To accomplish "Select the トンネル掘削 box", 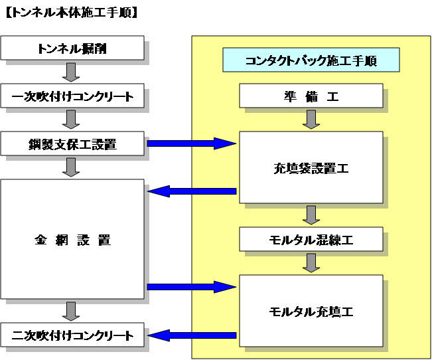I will (x=72, y=48).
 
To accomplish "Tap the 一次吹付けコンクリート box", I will (x=72, y=96).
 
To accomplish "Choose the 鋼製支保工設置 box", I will (x=72, y=143).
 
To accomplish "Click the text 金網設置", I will (x=72, y=240).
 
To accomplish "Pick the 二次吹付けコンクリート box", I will (x=72, y=335).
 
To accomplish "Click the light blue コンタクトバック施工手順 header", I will (x=311, y=60).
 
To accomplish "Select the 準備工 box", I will (x=311, y=96).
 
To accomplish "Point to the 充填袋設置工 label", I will (x=311, y=168).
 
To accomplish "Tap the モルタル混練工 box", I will (x=311, y=240).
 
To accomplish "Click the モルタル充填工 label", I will (x=311, y=311).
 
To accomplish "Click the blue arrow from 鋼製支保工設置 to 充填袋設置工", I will (x=191, y=143).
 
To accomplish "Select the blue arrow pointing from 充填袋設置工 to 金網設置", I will (x=191, y=191).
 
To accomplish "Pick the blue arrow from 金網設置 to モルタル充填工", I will (x=191, y=287).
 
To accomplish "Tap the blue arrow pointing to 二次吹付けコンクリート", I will (x=191, y=335).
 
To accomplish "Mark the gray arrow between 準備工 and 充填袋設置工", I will (x=311, y=120).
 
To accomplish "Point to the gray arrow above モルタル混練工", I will (x=311, y=215).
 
